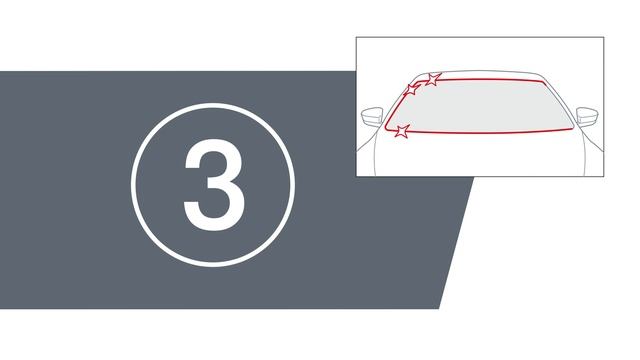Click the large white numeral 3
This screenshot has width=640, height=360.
click(214, 184)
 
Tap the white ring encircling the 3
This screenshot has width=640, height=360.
click(213, 105)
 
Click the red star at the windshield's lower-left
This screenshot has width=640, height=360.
click(402, 131)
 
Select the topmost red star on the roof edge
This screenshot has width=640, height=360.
click(433, 79)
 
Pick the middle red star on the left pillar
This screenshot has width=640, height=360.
click(412, 89)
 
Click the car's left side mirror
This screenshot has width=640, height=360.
click(372, 117)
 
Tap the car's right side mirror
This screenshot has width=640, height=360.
click(587, 117)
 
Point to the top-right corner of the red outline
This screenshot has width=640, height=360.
click(543, 82)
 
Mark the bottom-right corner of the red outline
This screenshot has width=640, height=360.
click(573, 128)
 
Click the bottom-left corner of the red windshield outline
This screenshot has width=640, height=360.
click(386, 129)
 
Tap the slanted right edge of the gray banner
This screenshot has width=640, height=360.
click(456, 242)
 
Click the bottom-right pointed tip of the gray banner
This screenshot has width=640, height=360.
click(439, 308)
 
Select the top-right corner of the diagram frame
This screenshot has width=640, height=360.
click(604, 37)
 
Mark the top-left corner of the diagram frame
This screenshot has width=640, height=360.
click(356, 37)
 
